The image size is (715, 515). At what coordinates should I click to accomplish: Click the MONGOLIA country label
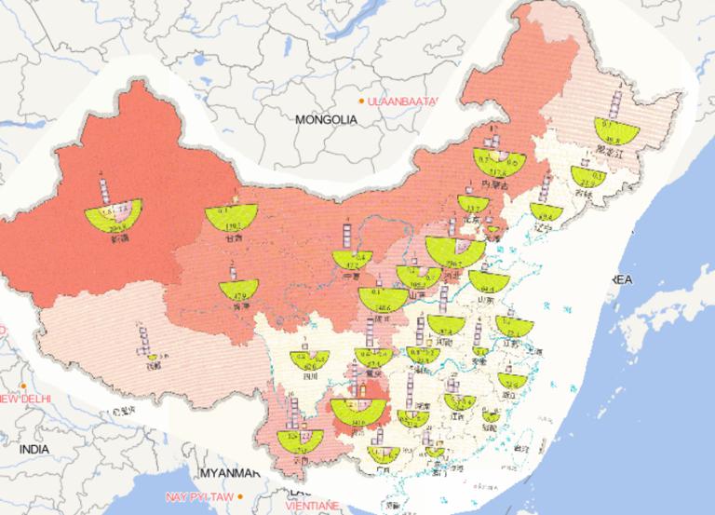pos(326,119)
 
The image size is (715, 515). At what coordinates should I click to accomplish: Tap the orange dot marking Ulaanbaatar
pos(361,100)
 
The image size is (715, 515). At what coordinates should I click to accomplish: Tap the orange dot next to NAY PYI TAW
pos(239,495)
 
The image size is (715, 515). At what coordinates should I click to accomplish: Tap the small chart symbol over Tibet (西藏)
pos(150,355)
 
